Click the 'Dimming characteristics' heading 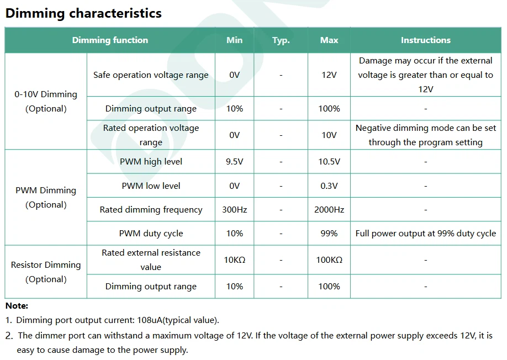click(83, 14)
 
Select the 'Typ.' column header click(281, 40)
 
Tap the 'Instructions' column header click(425, 40)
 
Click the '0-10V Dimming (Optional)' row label click(46, 101)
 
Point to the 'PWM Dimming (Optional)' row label click(46, 197)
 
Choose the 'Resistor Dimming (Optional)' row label click(46, 272)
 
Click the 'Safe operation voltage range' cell click(151, 75)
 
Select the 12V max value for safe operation click(329, 75)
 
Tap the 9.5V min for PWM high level click(235, 162)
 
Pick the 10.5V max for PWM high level click(329, 162)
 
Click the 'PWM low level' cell click(151, 186)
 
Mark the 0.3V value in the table click(329, 186)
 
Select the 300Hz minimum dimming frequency click(235, 210)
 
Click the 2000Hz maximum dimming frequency click(329, 210)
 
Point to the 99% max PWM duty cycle click(329, 234)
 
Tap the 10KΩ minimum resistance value click(235, 260)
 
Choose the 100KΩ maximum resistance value click(329, 260)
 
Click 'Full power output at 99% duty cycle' click(425, 234)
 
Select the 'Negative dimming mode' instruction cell click(425, 135)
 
